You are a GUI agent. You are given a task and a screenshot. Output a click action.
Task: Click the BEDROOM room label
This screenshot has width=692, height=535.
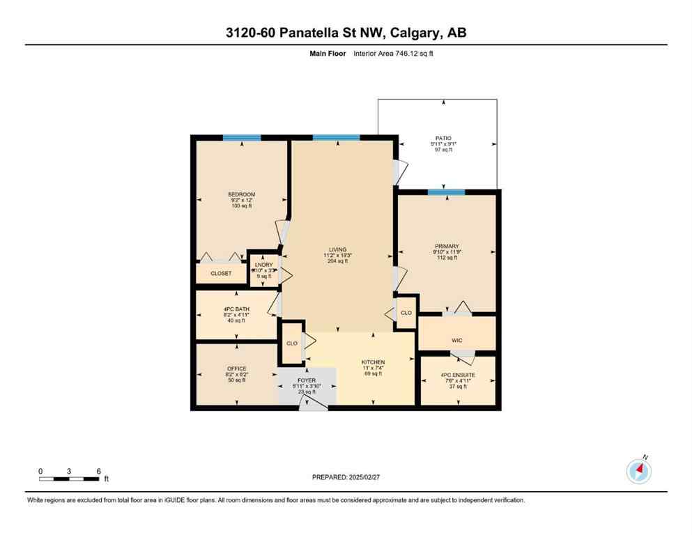[x=241, y=194]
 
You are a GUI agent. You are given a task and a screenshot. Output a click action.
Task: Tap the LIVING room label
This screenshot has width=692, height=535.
[x=338, y=249]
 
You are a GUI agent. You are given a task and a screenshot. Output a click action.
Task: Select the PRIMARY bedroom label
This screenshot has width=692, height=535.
[x=447, y=246]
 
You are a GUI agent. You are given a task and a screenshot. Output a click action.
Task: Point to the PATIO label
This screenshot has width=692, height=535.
[x=444, y=139]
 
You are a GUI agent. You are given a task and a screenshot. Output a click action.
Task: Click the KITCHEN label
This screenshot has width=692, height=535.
[x=373, y=362]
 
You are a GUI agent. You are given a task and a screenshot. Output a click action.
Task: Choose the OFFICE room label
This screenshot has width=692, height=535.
[x=237, y=369]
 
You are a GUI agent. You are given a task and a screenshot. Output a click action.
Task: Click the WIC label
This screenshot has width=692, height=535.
[x=457, y=340]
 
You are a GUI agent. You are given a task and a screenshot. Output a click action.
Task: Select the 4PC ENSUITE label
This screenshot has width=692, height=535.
[x=458, y=374]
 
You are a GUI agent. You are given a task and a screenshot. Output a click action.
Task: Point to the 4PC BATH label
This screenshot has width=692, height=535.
[x=237, y=309]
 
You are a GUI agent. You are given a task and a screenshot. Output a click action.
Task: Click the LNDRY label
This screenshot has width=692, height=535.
[x=264, y=264]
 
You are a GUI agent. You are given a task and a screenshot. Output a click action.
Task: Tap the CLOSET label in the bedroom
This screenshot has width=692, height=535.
[x=222, y=274]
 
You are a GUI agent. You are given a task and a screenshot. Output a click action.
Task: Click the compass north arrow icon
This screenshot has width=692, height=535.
[x=638, y=472]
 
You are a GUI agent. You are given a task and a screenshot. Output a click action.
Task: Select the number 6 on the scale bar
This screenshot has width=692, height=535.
[x=99, y=471]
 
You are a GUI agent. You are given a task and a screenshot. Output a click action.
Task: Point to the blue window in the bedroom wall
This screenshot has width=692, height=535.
[x=242, y=137]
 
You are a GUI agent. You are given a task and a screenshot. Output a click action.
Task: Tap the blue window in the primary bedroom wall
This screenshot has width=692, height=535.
[x=446, y=192]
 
